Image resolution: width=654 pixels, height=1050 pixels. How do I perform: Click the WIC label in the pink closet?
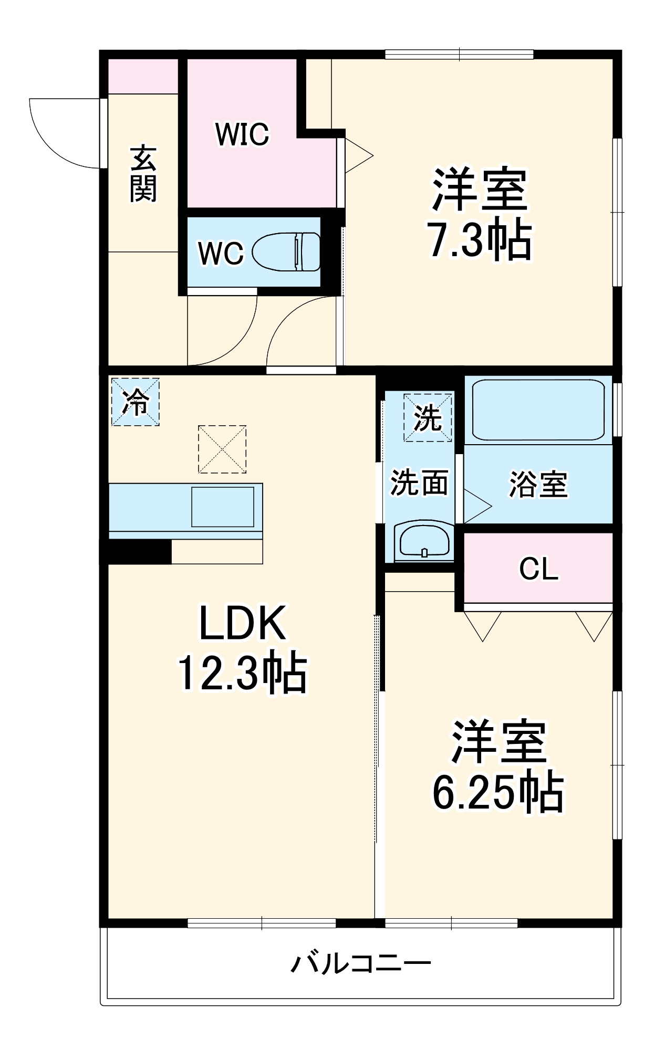point(242,134)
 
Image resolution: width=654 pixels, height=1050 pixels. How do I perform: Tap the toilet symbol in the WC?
point(287,252)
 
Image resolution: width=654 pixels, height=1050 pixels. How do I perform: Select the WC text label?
point(221,254)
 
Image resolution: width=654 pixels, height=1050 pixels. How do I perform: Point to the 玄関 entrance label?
point(143,174)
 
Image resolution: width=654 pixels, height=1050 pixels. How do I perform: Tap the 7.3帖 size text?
point(479,241)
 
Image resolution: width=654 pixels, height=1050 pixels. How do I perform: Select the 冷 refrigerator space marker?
point(136,402)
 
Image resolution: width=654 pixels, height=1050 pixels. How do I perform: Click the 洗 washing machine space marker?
point(428,418)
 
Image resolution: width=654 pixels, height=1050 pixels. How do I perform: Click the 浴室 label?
point(538,484)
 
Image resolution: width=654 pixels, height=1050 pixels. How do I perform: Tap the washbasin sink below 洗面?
point(424,541)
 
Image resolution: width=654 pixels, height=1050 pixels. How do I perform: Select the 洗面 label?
point(419,482)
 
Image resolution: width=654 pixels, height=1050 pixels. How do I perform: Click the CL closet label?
point(538,569)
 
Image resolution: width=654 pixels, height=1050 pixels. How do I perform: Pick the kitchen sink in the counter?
point(223,507)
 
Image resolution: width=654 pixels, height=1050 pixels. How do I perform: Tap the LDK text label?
point(243,623)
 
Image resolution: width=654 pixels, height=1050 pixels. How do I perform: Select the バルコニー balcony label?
point(361,964)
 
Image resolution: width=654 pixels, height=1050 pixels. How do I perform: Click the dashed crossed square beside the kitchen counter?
point(222,449)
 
